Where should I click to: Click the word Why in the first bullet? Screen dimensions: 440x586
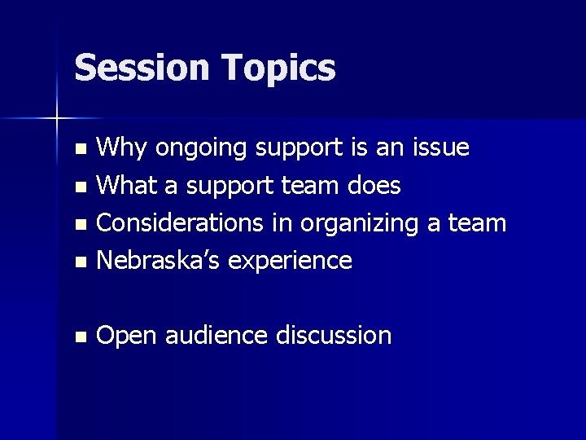[122, 148]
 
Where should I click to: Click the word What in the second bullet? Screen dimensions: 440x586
[129, 186]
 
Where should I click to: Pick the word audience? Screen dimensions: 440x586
[215, 335]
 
